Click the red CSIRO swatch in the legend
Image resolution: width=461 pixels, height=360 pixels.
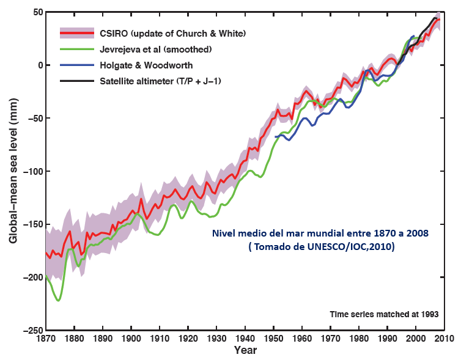pos(76,32)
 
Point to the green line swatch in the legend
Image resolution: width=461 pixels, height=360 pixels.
pos(76,48)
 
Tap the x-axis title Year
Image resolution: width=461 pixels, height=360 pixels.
pos(245,351)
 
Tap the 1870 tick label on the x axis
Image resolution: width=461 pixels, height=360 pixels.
pos(46,338)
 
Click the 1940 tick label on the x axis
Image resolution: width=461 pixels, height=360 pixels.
pos(245,338)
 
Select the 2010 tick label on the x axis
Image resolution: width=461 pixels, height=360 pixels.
pos(444,338)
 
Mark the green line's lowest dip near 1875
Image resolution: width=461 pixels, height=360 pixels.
pos(59,300)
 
